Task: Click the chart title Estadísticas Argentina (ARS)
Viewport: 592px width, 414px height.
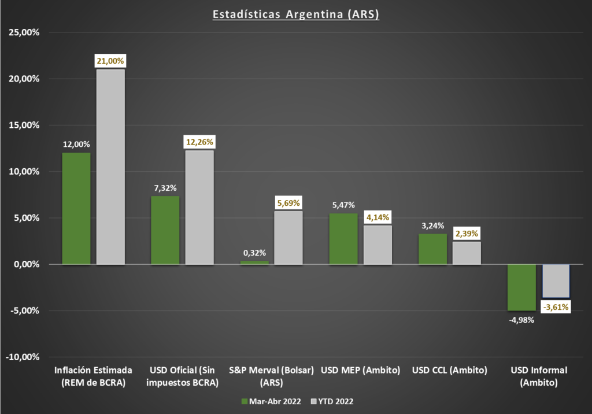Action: (x=295, y=14)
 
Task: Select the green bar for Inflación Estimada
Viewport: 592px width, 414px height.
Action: (x=76, y=209)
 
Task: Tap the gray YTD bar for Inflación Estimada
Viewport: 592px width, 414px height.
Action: (x=110, y=167)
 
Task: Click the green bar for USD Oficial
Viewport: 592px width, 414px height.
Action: (x=165, y=231)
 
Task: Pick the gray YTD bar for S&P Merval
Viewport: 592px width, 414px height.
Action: (x=288, y=238)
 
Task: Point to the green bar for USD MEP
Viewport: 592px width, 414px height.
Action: (x=343, y=239)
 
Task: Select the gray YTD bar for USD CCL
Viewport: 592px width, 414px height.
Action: (x=467, y=253)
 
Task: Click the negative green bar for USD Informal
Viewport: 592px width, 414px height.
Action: (x=521, y=287)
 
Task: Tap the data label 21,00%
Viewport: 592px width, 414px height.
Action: (x=110, y=61)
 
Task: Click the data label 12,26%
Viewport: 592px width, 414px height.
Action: (x=199, y=142)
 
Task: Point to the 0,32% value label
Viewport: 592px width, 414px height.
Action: (x=254, y=253)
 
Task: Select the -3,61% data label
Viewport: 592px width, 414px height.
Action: (x=556, y=307)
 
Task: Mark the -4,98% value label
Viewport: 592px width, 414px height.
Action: (x=521, y=320)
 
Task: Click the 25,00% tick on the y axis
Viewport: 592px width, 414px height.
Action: (x=24, y=32)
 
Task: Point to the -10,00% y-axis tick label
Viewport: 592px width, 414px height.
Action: (x=23, y=357)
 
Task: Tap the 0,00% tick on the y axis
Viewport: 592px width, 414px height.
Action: (x=27, y=264)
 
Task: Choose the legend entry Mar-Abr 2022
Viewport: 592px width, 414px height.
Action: (x=271, y=401)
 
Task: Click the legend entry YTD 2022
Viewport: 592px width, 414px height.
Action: (x=332, y=401)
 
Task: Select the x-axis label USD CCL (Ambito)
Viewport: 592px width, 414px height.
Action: (x=449, y=370)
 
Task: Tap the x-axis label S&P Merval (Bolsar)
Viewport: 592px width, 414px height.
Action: (x=272, y=370)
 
